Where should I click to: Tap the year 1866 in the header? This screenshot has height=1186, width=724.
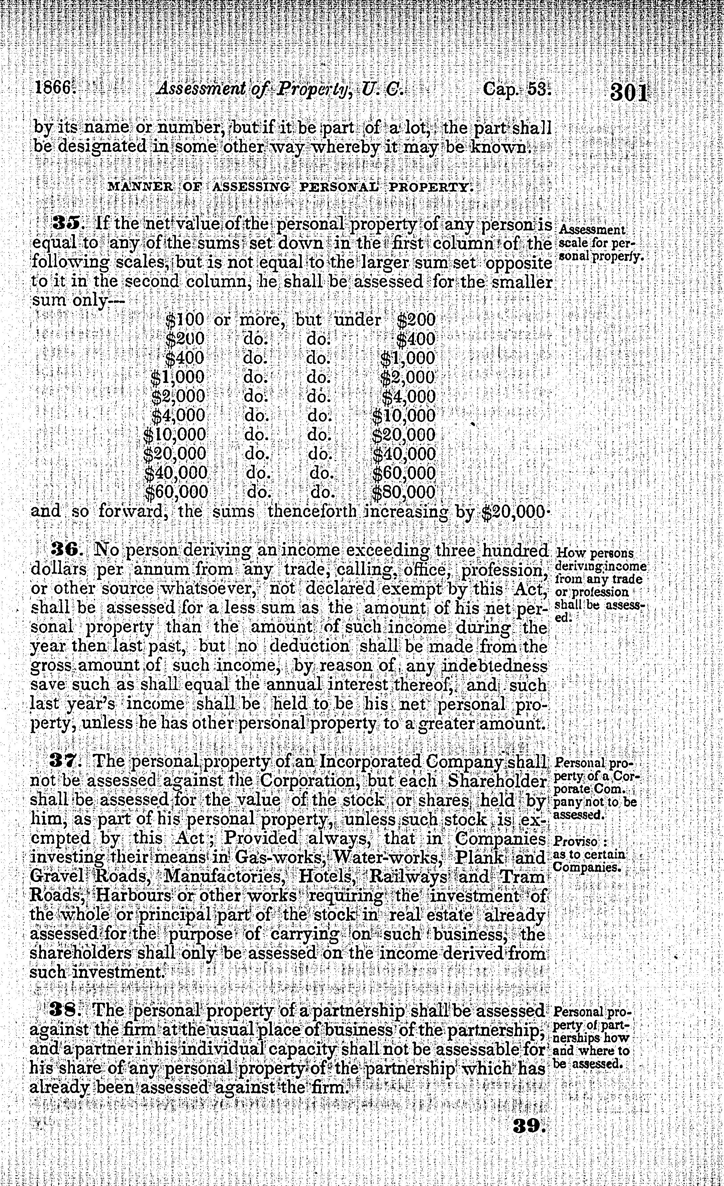coord(53,89)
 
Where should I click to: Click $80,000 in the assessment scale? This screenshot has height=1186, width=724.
coord(404,492)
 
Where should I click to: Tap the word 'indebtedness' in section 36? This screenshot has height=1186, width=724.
coord(494,666)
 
